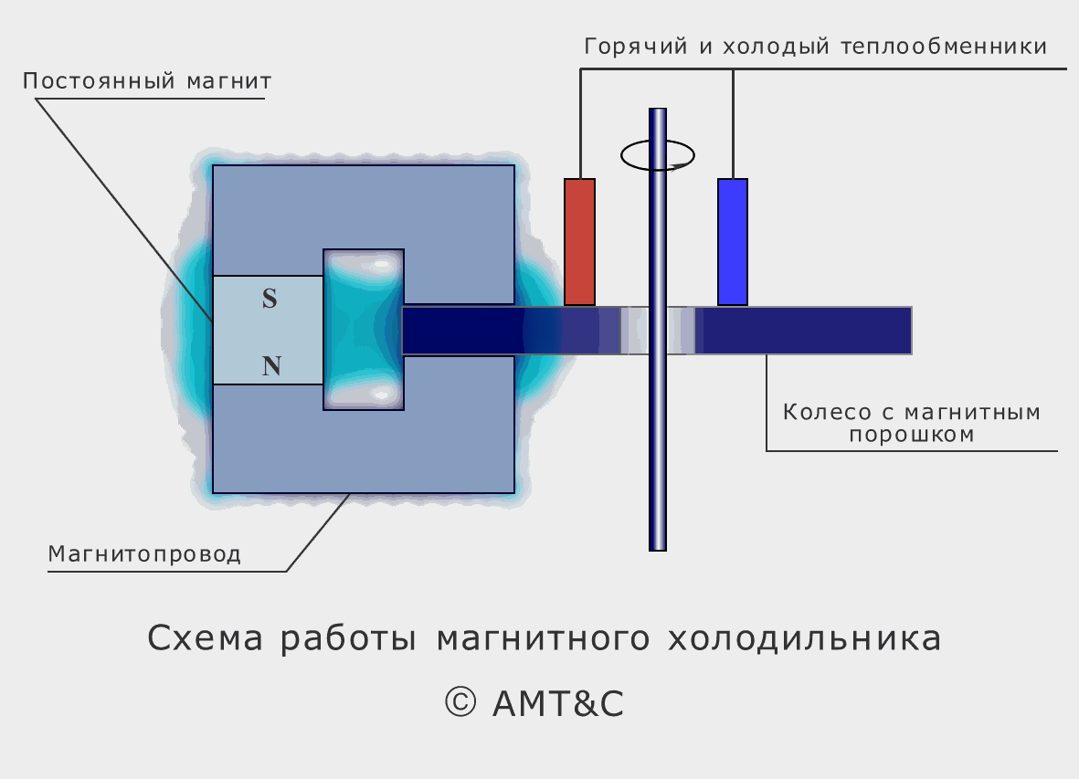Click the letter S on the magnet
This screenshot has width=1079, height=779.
click(270, 299)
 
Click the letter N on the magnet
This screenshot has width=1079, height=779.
click(272, 365)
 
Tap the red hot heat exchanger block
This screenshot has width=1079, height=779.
click(579, 242)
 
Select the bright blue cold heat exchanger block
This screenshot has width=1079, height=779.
click(733, 242)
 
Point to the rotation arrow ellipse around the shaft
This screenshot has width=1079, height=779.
click(657, 155)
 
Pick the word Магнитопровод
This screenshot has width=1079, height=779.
click(144, 553)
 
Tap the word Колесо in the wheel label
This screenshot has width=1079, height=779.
click(828, 412)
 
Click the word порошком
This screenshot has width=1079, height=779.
click(912, 435)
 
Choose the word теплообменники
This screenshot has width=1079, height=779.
click(944, 46)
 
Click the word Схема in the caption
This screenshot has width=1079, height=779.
click(205, 638)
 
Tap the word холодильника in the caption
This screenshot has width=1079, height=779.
click(804, 638)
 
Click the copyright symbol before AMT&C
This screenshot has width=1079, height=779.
click(460, 702)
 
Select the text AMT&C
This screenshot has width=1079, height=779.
click(558, 703)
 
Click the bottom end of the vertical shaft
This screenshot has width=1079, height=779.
click(658, 550)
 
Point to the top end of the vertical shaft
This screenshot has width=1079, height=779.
click(658, 109)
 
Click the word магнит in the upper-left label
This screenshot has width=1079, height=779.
click(229, 81)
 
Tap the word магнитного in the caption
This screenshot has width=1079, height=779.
click(544, 638)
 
